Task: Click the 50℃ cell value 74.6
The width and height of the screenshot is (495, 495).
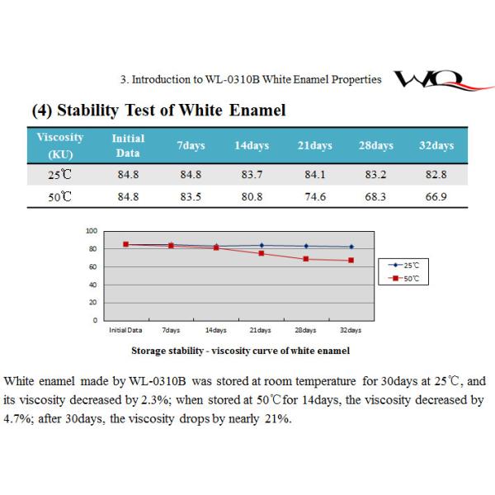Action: (x=313, y=196)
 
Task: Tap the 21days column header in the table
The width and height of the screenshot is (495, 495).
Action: (x=313, y=146)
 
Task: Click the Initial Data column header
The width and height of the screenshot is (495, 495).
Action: (x=127, y=146)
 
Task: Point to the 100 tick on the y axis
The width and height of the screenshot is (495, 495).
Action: (x=92, y=231)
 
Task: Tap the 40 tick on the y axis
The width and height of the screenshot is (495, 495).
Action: (x=93, y=285)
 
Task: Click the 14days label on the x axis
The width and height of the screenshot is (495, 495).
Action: (x=215, y=330)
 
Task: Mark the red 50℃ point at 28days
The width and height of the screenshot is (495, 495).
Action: (x=306, y=259)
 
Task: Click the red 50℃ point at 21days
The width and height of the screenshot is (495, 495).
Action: (x=261, y=253)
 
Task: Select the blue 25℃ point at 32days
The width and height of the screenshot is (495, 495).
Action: (x=351, y=247)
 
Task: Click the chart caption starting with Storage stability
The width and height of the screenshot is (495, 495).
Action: (x=240, y=351)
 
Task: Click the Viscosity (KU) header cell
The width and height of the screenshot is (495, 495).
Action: (x=60, y=146)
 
